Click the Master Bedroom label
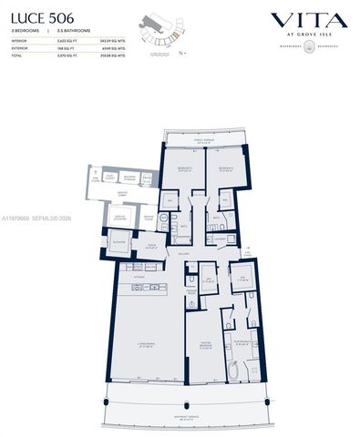tap(204, 343)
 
